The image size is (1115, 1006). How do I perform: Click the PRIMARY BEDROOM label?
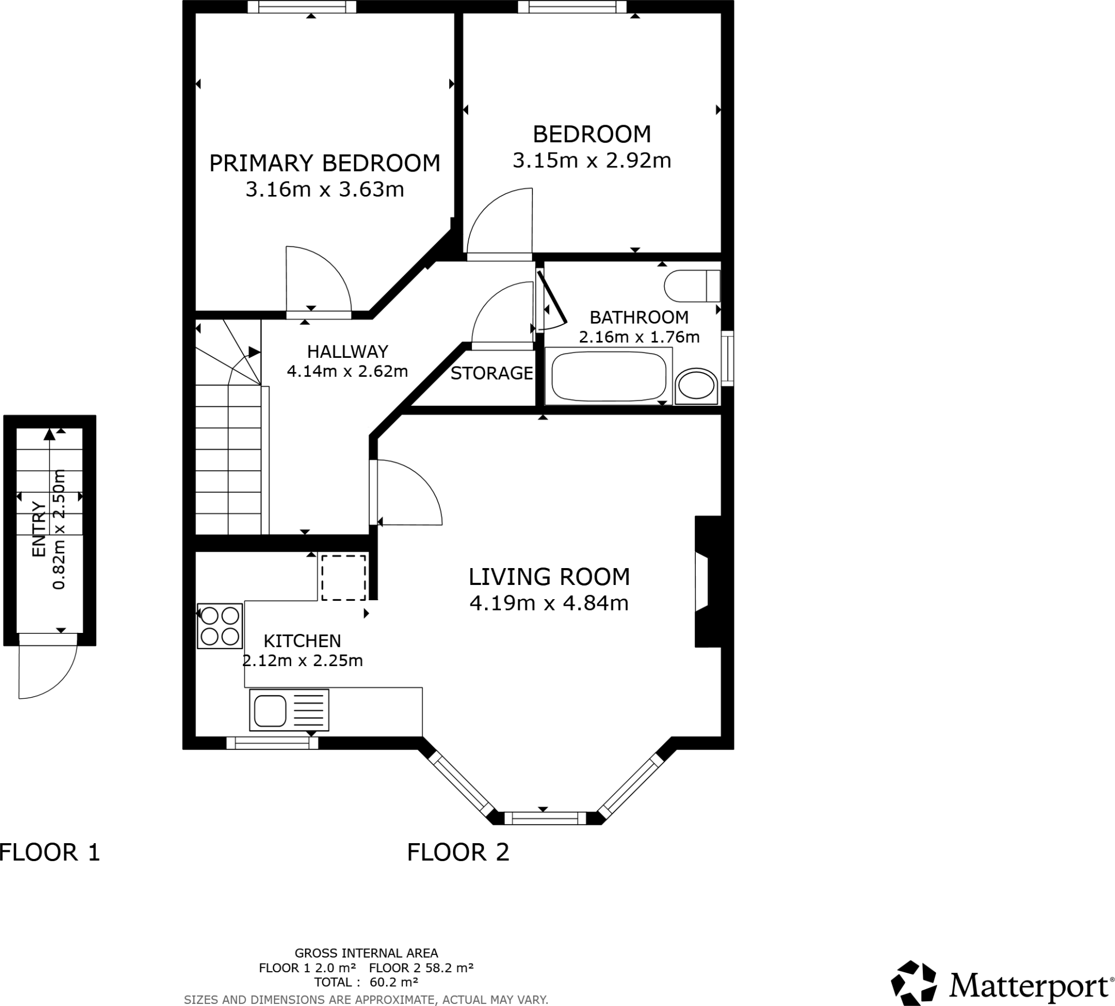[324, 163]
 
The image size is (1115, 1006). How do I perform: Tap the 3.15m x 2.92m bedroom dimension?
[591, 161]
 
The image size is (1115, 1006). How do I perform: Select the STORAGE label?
[491, 374]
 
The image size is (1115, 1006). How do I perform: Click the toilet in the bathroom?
[691, 286]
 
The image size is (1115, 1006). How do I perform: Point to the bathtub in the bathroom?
[608, 376]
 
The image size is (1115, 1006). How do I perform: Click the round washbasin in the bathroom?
[696, 386]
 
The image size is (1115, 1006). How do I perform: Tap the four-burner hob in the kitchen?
[219, 626]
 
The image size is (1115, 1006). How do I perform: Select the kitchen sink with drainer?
[289, 710]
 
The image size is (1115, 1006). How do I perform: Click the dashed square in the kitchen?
[344, 577]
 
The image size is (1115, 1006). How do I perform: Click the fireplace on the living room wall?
[707, 582]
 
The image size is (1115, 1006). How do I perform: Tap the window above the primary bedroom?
[301, 7]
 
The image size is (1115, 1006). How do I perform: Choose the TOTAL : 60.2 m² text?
[366, 982]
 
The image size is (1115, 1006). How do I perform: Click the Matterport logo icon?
[914, 982]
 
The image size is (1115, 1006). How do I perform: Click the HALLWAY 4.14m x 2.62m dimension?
[347, 371]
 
